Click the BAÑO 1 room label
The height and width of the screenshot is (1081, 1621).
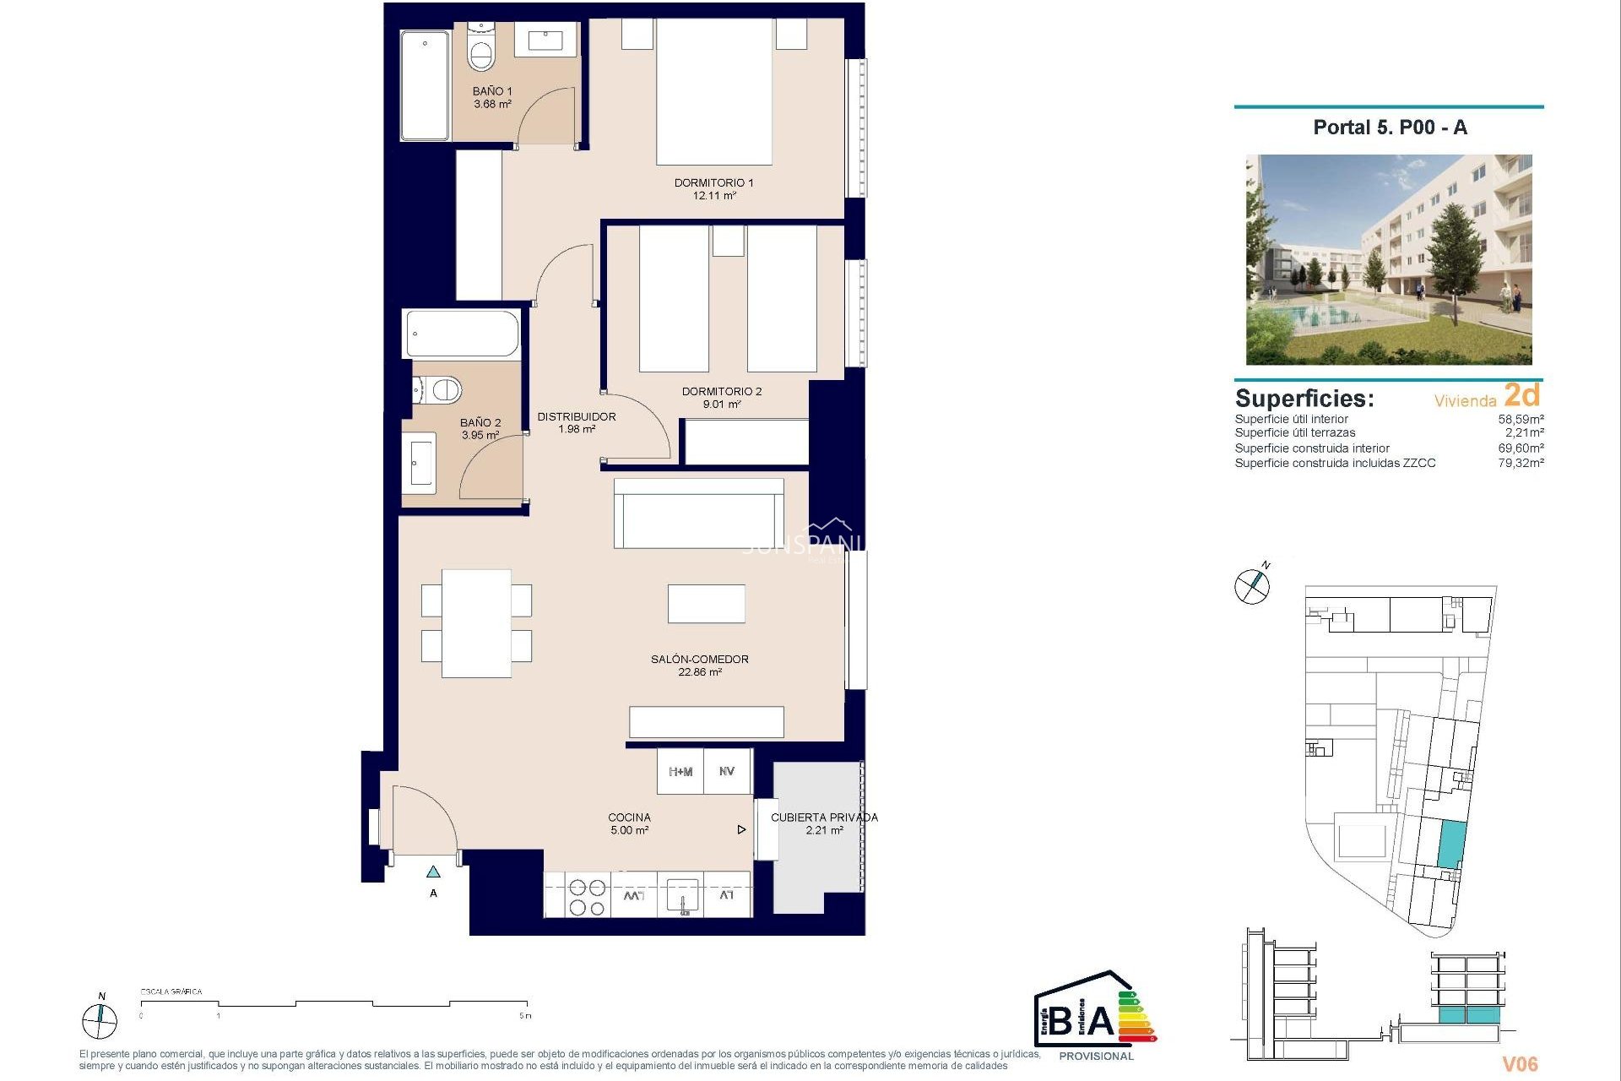pyautogui.click(x=491, y=91)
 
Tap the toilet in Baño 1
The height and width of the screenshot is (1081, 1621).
pyautogui.click(x=481, y=52)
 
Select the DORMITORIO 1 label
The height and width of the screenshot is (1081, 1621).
pyautogui.click(x=713, y=182)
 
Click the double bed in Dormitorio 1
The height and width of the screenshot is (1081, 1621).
pyautogui.click(x=714, y=93)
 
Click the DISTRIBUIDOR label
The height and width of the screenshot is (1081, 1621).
pyautogui.click(x=576, y=416)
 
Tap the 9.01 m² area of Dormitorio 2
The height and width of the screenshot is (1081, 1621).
pyautogui.click(x=721, y=405)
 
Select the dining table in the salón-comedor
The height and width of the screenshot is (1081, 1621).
pyautogui.click(x=476, y=623)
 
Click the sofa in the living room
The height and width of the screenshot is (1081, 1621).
pyautogui.click(x=698, y=513)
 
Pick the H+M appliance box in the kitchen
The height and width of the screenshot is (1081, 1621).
pyautogui.click(x=680, y=772)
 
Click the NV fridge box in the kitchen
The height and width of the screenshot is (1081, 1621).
pyautogui.click(x=727, y=772)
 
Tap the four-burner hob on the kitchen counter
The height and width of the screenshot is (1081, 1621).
pyautogui.click(x=587, y=897)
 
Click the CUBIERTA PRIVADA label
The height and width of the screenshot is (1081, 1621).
pyautogui.click(x=824, y=818)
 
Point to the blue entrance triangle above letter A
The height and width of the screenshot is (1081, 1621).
pyautogui.click(x=433, y=872)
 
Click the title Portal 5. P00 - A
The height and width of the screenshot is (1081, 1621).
pyautogui.click(x=1390, y=128)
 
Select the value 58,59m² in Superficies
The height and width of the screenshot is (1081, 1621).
pyautogui.click(x=1521, y=419)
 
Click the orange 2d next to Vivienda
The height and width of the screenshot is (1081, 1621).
pyautogui.click(x=1521, y=394)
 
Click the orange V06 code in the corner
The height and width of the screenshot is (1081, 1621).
pyautogui.click(x=1519, y=1064)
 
